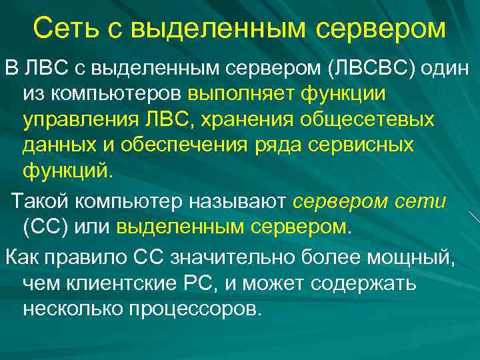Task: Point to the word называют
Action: [237, 201]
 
